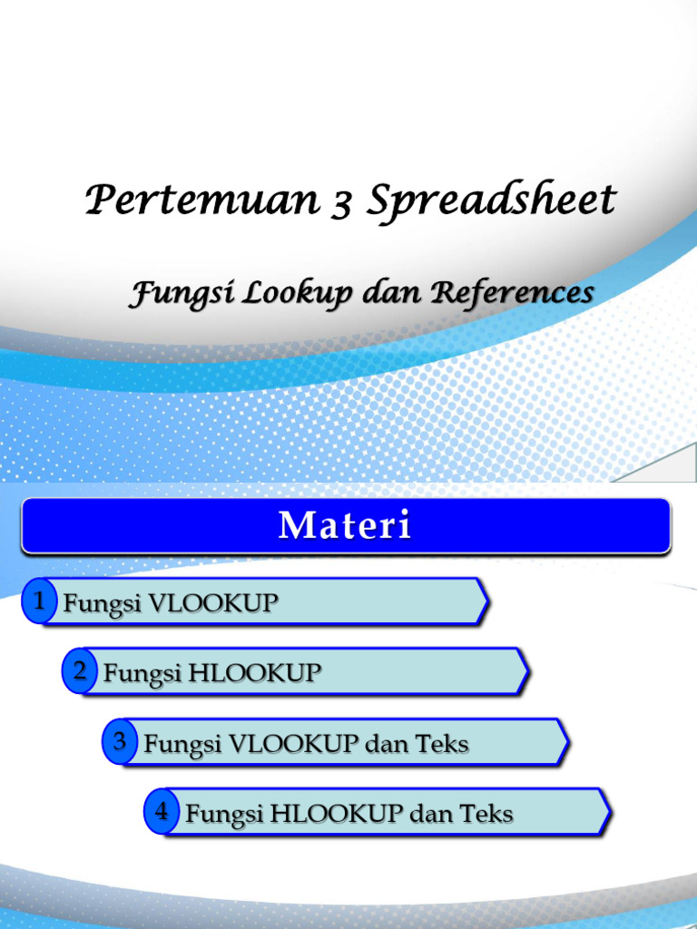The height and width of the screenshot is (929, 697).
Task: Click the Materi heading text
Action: tap(345, 526)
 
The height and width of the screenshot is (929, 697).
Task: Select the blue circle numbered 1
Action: tap(39, 601)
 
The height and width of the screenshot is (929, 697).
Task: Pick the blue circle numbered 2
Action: tap(80, 672)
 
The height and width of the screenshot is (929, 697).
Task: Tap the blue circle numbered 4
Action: tap(161, 812)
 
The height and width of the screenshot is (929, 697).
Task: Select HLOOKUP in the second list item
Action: tap(255, 673)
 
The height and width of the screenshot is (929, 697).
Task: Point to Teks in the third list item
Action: tap(442, 745)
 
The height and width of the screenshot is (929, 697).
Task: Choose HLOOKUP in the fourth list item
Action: tap(339, 814)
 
